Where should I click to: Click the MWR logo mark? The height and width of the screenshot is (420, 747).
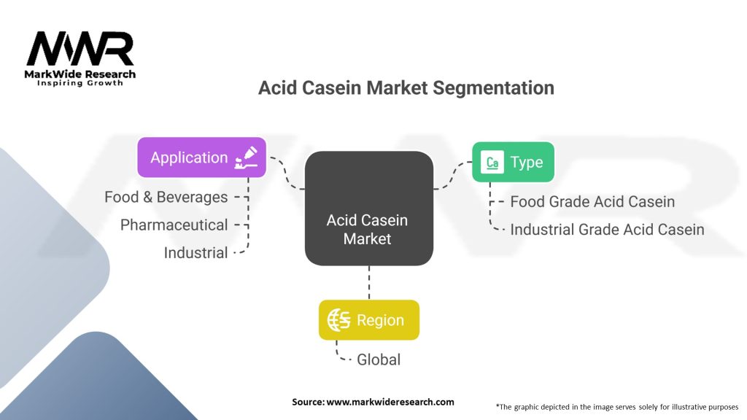[80, 49]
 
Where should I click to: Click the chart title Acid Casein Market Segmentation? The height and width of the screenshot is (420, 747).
[406, 88]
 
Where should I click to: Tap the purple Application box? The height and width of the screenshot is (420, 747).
[201, 157]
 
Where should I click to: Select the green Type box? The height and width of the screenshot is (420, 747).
[513, 162]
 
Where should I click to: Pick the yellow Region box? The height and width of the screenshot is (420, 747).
[368, 320]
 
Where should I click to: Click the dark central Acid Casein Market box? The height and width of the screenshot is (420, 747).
[368, 208]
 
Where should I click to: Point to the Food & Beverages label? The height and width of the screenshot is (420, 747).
[166, 197]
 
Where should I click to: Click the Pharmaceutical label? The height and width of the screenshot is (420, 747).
[174, 225]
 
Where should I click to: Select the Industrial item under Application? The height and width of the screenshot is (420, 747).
[196, 253]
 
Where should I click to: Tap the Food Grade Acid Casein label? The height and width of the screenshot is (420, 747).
[592, 201]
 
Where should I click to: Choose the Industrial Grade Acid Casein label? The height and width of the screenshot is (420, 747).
[607, 229]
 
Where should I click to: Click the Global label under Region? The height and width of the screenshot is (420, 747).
[378, 359]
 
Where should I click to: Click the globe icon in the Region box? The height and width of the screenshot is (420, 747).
[338, 320]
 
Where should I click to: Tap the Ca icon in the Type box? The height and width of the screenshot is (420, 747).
[493, 163]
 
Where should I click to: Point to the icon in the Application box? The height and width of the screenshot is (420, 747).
[245, 157]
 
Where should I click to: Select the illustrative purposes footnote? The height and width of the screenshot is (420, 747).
[616, 406]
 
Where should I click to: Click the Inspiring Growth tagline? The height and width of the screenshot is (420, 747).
[80, 83]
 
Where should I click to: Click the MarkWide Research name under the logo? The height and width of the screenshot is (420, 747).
[80, 74]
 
